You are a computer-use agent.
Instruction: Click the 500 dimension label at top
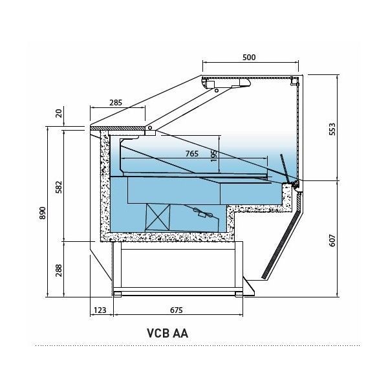[249, 58]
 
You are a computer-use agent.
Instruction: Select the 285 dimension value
[116, 102]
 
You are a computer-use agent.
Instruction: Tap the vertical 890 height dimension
[43, 213]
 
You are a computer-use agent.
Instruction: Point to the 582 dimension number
[59, 187]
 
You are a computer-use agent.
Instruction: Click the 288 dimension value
[59, 270]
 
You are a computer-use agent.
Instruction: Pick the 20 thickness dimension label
[59, 114]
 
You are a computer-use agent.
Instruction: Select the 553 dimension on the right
[332, 129]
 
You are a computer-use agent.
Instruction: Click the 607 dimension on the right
[332, 240]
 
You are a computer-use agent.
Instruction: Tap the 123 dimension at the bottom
[100, 310]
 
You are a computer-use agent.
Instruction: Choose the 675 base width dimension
[176, 310]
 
